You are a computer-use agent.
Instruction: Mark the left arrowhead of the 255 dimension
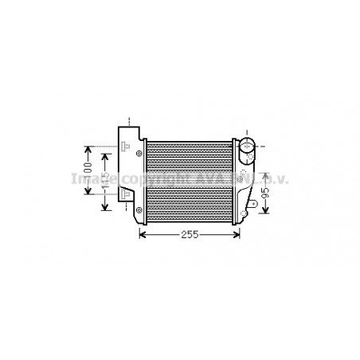[x=143, y=234]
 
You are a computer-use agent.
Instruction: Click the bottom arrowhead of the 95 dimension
[x=265, y=213]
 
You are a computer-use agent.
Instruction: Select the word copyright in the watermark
[x=148, y=176]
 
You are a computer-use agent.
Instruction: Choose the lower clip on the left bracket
[x=126, y=193]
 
